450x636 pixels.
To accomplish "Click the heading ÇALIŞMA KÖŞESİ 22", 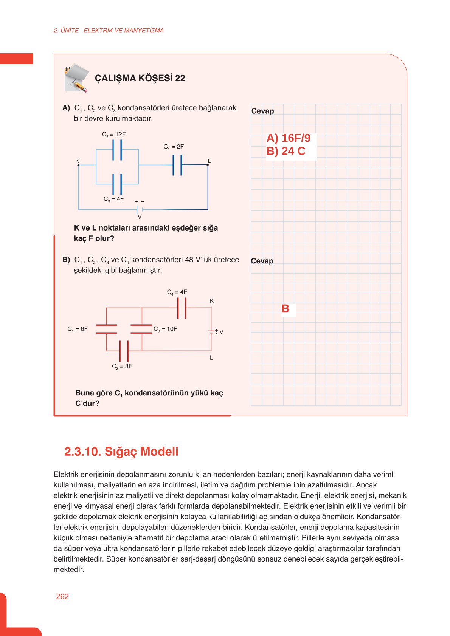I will point(140,78).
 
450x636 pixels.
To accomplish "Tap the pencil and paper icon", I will point(76,78).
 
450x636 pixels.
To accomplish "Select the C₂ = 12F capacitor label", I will point(114,135).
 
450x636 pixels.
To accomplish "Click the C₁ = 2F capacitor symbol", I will point(177,165).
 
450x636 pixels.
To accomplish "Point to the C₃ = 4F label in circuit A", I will point(113,199).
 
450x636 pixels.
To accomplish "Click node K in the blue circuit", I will point(78,165).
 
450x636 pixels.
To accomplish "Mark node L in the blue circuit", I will point(208,165).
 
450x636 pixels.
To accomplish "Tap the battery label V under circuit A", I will point(140,217).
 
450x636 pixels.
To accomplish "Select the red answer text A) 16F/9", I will point(288,138).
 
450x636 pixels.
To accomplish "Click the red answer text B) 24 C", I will point(286,151).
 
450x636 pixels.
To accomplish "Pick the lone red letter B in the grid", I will point(285,309).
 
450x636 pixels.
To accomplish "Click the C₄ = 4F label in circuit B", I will point(177,292).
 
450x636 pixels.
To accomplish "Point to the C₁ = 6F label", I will point(78,329).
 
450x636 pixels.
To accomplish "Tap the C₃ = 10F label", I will point(165,329).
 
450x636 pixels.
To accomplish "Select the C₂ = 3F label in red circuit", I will point(122,366).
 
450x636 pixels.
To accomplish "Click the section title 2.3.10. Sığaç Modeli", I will point(121,452).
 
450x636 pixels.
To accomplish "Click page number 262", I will point(62,597).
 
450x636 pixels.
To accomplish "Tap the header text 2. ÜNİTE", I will point(66,31).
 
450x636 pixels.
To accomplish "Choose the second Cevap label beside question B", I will point(262,261).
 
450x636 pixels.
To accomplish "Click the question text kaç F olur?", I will point(94,238).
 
